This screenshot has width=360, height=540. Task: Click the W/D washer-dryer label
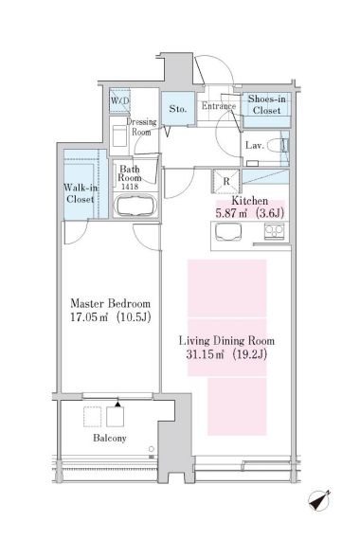click(120, 101)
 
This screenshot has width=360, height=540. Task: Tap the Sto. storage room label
click(178, 109)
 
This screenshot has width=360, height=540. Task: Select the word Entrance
click(219, 106)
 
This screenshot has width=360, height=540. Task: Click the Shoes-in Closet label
click(266, 104)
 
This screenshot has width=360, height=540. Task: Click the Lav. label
click(255, 145)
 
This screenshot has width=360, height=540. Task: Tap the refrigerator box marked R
click(226, 181)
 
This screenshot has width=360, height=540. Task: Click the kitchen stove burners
click(274, 231)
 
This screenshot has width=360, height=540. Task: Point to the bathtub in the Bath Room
click(136, 206)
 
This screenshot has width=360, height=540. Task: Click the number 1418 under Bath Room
click(129, 187)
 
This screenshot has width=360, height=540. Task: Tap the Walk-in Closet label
click(81, 193)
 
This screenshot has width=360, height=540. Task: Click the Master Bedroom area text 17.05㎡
click(89, 316)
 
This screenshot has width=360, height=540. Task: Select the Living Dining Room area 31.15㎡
click(206, 354)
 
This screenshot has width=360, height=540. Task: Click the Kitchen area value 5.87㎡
click(231, 213)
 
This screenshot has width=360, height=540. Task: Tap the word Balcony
click(110, 438)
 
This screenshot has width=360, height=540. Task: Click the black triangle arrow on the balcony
click(117, 405)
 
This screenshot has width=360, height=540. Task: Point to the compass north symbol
click(319, 501)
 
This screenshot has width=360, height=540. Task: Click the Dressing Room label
click(141, 127)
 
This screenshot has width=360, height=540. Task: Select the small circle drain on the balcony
click(152, 449)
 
